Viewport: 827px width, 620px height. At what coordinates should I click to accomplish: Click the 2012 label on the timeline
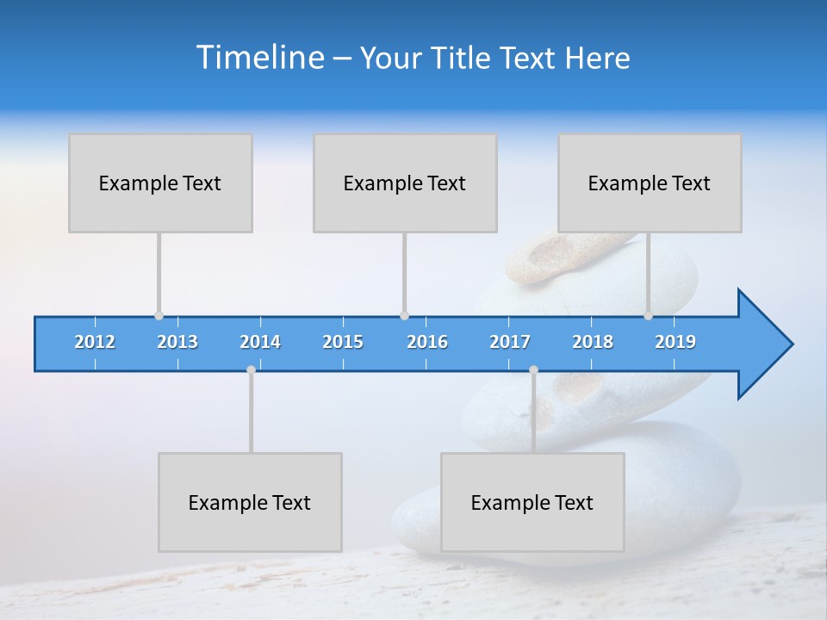pos(95,342)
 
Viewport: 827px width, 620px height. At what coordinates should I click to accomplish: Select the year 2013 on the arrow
pos(177,342)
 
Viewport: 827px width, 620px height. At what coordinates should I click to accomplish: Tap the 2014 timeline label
pos(260,342)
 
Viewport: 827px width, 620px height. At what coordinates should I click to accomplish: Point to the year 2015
pos(343,342)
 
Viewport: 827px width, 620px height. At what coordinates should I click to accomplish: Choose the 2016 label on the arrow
pos(427,342)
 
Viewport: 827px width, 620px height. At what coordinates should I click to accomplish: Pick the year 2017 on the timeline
pos(510,342)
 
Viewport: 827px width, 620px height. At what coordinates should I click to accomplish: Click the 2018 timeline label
pos(593,342)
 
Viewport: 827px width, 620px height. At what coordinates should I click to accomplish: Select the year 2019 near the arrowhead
pos(675,342)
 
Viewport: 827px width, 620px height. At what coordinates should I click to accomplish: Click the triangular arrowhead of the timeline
pos(763,344)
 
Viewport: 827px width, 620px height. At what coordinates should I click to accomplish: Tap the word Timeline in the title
pos(259,58)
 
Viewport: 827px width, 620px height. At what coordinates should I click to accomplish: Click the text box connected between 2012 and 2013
pos(160,183)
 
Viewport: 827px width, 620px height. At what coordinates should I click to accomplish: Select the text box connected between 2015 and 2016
pos(405,183)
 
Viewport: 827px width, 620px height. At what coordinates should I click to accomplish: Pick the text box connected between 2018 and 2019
pos(650,183)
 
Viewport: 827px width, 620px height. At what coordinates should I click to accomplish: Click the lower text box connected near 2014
pos(250,502)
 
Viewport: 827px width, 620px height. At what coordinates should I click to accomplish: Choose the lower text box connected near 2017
pos(532,502)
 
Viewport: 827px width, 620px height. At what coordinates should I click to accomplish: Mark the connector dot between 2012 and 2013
pos(159,316)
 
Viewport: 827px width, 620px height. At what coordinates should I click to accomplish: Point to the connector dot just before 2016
pos(404,316)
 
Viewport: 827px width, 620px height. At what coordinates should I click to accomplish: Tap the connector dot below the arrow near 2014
pos(251,370)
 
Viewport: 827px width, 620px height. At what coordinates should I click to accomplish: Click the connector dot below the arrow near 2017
pos(533,370)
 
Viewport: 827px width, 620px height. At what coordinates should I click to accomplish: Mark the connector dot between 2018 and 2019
pos(648,316)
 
